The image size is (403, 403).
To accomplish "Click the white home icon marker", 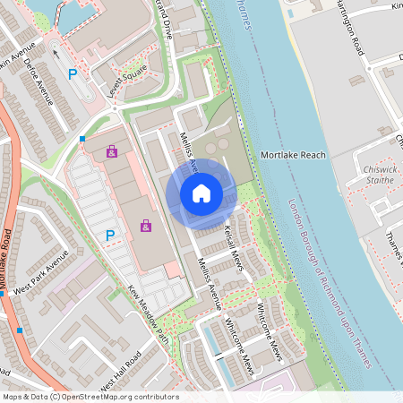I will [201, 193].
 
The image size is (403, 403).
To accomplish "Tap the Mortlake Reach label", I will [293, 155].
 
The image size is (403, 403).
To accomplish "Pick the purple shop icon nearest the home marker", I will [145, 226].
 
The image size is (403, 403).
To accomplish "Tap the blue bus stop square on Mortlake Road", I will [20, 330].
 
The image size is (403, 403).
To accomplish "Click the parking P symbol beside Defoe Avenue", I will [73, 74].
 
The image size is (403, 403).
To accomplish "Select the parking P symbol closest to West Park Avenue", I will [110, 236].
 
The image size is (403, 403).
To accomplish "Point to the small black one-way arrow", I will [56, 52].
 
